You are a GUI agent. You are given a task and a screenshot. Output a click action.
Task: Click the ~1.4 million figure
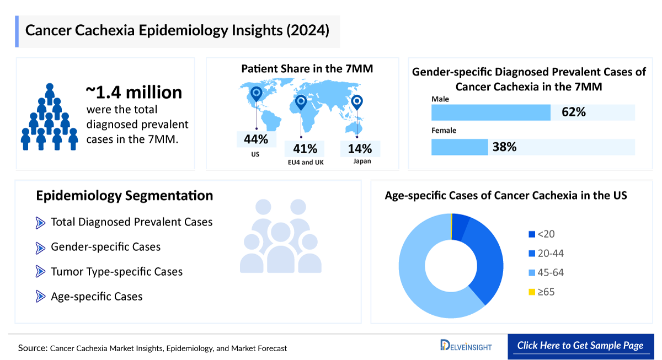tap(134, 92)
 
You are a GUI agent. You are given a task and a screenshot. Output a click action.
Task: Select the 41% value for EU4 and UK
tap(305, 148)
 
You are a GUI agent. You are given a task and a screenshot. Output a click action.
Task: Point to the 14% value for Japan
tap(360, 148)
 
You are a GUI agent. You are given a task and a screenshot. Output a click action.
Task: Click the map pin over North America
tap(255, 94)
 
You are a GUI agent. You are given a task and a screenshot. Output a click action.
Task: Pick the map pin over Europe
tap(301, 102)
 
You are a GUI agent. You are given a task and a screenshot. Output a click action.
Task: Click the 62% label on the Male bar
tap(573, 112)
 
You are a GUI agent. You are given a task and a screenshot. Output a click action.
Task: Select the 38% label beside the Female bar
tap(504, 147)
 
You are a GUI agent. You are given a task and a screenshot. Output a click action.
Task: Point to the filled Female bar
tap(460, 147)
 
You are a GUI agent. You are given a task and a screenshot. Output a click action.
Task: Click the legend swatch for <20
tap(532, 234)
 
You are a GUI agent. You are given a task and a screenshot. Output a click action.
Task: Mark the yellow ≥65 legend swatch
tap(532, 292)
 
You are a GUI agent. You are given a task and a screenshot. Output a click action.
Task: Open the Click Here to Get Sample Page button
tap(580, 346)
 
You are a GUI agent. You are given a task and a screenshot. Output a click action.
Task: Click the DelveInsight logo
tap(466, 346)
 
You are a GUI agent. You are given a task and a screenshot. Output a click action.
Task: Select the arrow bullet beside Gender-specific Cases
tap(40, 248)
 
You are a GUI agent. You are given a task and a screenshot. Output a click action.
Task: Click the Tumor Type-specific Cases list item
tap(116, 272)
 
